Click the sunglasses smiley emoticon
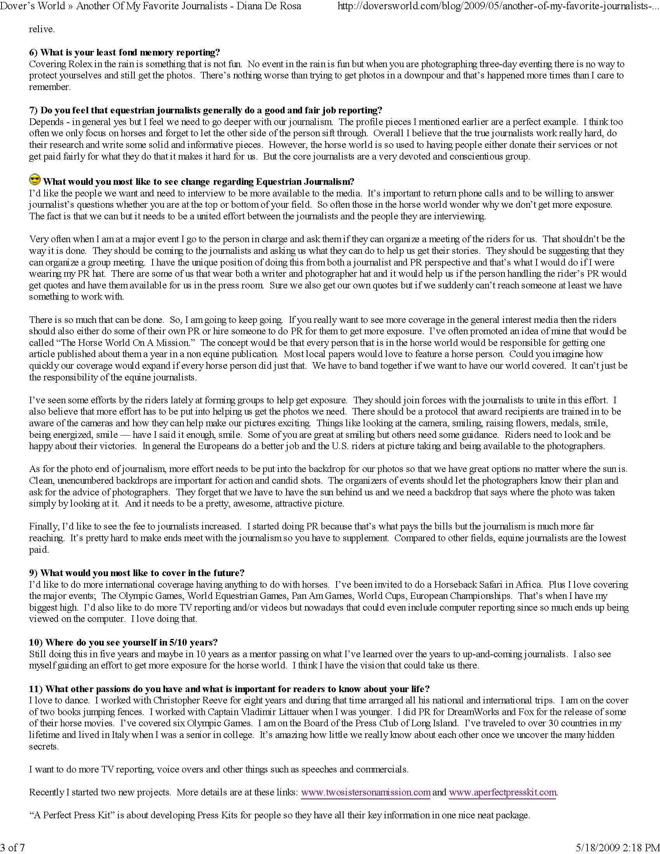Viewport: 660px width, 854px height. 35,180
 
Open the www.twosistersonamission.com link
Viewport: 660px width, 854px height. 366,792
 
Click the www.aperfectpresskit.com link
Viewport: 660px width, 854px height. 502,792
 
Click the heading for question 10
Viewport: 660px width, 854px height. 123,642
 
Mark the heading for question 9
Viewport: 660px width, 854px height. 137,573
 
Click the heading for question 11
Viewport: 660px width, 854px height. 229,689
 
